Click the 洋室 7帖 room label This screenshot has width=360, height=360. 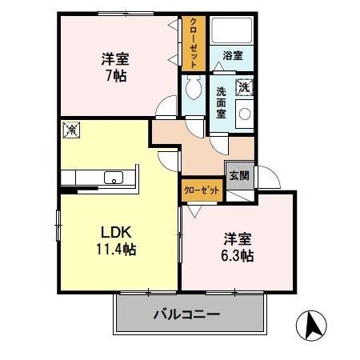(117, 67)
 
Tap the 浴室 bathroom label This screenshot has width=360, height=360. (233, 55)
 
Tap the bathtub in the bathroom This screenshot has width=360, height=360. (232, 32)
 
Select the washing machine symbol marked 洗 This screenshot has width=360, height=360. (244, 85)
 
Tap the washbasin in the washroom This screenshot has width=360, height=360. (243, 114)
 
